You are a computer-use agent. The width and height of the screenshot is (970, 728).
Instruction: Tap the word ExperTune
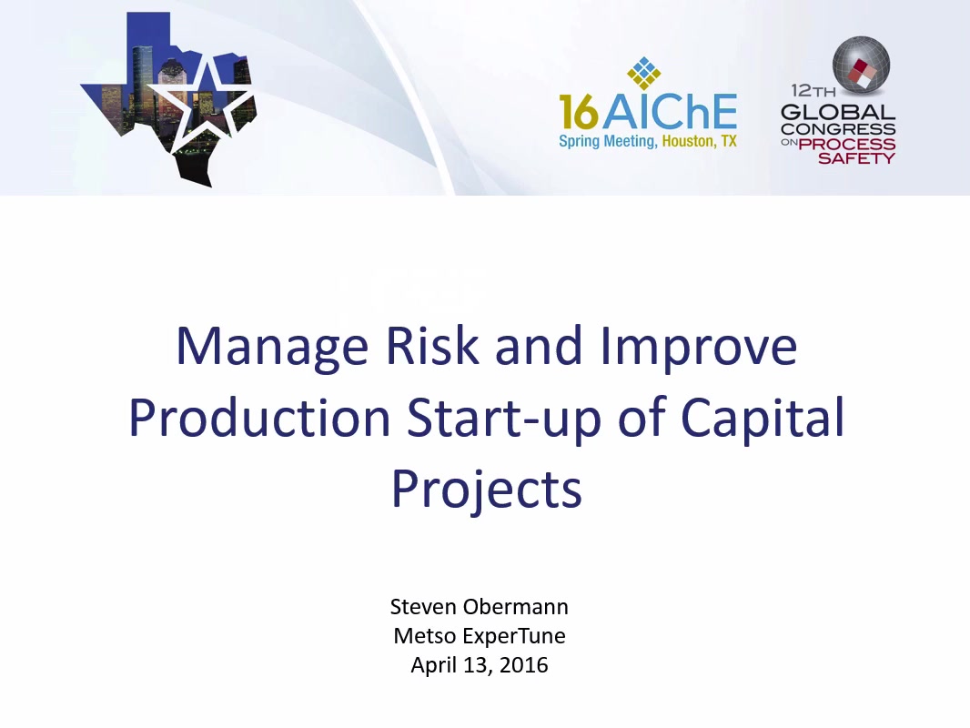tap(510, 636)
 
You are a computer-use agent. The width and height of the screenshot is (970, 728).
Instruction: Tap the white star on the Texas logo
tap(201, 102)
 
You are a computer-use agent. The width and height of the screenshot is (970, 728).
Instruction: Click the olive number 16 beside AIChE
tap(579, 111)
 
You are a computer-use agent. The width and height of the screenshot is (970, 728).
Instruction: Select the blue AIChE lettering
tap(670, 111)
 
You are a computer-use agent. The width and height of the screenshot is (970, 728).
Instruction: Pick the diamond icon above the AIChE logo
tap(644, 74)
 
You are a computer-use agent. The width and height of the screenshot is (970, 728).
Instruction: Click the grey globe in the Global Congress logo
tap(861, 65)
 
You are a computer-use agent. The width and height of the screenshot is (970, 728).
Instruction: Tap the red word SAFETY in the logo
tap(856, 158)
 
